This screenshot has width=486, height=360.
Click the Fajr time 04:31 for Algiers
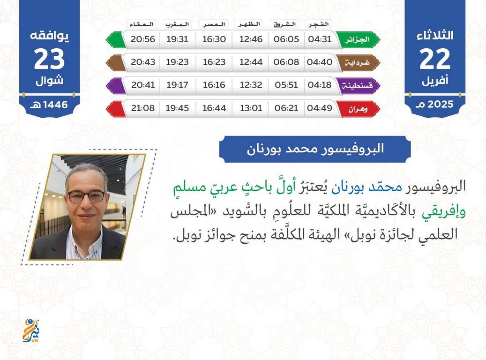click(x=320, y=39)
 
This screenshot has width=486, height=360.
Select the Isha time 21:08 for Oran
click(x=142, y=108)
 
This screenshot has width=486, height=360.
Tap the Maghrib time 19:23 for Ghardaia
click(x=177, y=62)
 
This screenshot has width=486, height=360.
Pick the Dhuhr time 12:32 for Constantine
click(x=251, y=85)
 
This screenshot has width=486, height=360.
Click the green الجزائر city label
click(x=357, y=40)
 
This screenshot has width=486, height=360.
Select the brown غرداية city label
click(x=357, y=63)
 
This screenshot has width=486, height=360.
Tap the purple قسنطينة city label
click(x=357, y=86)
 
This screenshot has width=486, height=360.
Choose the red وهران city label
click(x=358, y=109)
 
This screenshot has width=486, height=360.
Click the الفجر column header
click(x=318, y=24)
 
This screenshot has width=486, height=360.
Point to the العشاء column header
click(x=142, y=24)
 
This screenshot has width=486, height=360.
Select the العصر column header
click(x=214, y=24)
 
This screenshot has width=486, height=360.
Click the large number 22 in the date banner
click(x=434, y=59)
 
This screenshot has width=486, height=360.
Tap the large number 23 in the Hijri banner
click(x=49, y=59)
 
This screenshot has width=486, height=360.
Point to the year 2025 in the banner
click(x=440, y=104)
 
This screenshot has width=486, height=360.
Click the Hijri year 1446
click(x=55, y=105)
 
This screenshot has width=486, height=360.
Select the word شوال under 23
click(x=49, y=81)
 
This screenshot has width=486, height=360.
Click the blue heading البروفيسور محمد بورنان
click(x=315, y=149)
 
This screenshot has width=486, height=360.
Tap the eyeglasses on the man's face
click(x=87, y=196)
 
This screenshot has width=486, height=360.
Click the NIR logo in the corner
click(x=31, y=330)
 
